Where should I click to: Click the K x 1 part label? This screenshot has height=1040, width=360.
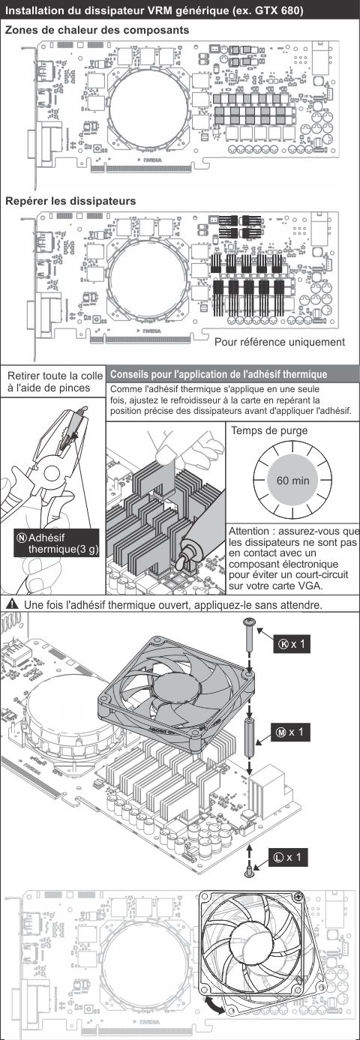[x=292, y=644]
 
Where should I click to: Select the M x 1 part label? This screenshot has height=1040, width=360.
[x=290, y=732]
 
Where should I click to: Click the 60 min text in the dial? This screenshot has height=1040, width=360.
[x=292, y=481]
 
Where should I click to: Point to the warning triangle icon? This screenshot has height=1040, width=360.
[x=13, y=604]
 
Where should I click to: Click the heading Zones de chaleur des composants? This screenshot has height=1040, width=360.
[x=97, y=30]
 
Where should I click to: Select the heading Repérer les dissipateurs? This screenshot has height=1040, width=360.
[x=70, y=201]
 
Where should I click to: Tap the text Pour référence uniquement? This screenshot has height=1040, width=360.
[x=280, y=342]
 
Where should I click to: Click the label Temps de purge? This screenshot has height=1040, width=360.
[x=269, y=430]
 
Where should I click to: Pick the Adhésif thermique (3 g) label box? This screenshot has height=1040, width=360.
[x=57, y=544]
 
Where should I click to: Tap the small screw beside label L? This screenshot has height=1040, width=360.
[x=250, y=871]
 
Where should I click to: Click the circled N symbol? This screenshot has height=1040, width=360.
[x=22, y=538]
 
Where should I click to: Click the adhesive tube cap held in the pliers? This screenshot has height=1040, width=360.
[x=82, y=410]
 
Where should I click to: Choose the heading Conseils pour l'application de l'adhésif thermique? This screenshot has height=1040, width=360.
[x=219, y=374]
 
